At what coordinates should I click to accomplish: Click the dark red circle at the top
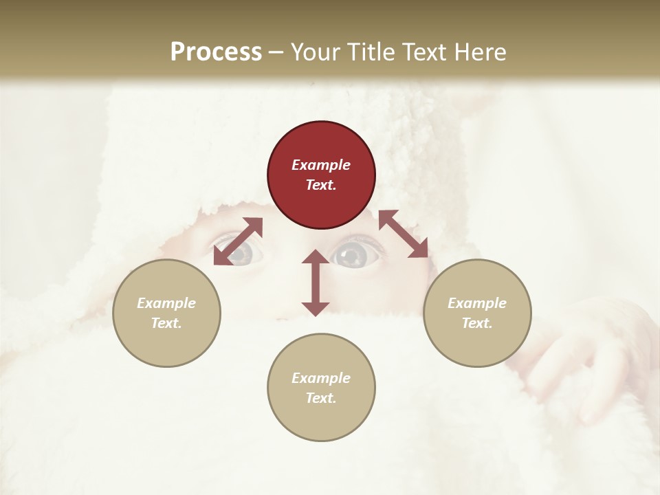pyautogui.click(x=321, y=175)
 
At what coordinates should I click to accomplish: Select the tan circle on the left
pyautogui.click(x=166, y=313)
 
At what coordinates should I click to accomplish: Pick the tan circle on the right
pyautogui.click(x=477, y=313)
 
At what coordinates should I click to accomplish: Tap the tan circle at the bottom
pyautogui.click(x=321, y=387)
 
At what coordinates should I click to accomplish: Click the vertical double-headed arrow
pyautogui.click(x=316, y=283)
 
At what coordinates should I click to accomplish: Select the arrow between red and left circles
pyautogui.click(x=238, y=241)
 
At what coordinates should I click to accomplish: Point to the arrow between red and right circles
pyautogui.click(x=404, y=234)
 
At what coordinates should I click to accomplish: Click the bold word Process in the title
pyautogui.click(x=216, y=52)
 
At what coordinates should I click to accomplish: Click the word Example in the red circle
pyautogui.click(x=321, y=165)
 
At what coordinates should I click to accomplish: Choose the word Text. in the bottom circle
pyautogui.click(x=321, y=398)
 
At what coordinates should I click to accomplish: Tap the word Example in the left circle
pyautogui.click(x=166, y=303)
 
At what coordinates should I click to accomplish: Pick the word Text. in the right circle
pyautogui.click(x=477, y=323)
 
